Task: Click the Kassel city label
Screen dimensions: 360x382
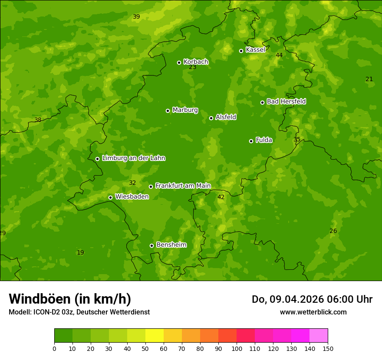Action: pyautogui.click(x=255, y=50)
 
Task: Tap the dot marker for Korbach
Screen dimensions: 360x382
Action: pyautogui.click(x=179, y=62)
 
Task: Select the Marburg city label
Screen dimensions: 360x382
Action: pyautogui.click(x=185, y=110)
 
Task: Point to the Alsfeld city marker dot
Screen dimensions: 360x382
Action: pyautogui.click(x=211, y=118)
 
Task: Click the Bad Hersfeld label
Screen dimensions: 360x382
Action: pyautogui.click(x=286, y=101)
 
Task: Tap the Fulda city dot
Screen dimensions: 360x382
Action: pyautogui.click(x=251, y=141)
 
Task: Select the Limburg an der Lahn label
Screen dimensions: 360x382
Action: pyautogui.click(x=133, y=158)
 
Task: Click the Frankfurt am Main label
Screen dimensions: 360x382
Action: pyautogui.click(x=183, y=186)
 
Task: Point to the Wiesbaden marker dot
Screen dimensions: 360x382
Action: pyautogui.click(x=110, y=197)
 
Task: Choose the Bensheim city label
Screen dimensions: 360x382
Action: pyautogui.click(x=171, y=245)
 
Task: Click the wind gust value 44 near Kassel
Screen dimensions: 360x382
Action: pyautogui.click(x=279, y=55)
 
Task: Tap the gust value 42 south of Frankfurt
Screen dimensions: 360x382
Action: pyautogui.click(x=221, y=197)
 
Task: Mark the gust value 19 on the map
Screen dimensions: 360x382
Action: pyautogui.click(x=80, y=252)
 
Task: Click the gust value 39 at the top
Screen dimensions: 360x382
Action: pyautogui.click(x=136, y=16)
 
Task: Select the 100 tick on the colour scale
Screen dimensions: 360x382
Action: pyautogui.click(x=237, y=348)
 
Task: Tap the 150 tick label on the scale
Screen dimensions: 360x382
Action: pyautogui.click(x=328, y=348)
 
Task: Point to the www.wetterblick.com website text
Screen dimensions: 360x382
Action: pyautogui.click(x=313, y=312)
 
